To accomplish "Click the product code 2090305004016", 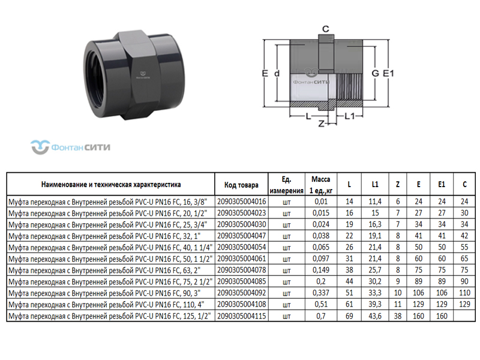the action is point(242,202).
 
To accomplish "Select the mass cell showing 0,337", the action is point(321,293).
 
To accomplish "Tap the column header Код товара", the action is point(241,185).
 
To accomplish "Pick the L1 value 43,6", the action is point(375,316).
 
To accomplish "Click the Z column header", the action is point(398,184).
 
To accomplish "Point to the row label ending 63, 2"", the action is point(104,271).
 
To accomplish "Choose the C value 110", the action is point(464,293).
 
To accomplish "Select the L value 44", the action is point(349,281).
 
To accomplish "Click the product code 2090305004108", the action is point(242,304).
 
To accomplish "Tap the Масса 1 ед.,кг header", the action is point(321,185).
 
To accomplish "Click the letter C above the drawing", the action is point(326,29).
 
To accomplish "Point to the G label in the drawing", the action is point(375,73).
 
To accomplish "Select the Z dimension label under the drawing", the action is point(321,124).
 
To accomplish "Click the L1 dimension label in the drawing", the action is point(349,116).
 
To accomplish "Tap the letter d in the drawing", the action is point(277,73).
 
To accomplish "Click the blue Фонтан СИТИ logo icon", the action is point(40,147).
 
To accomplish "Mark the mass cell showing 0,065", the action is point(321,247).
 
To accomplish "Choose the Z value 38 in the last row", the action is point(398,316).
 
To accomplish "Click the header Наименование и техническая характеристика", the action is point(111,185).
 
